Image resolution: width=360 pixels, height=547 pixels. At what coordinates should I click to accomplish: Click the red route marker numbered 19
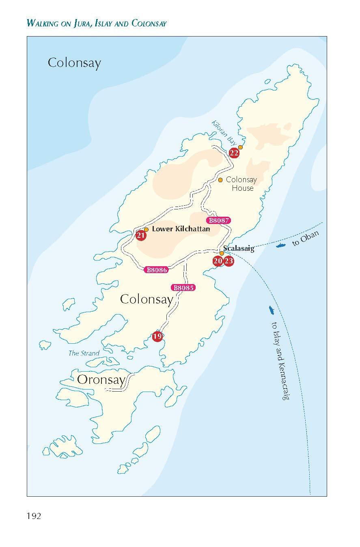[x=157, y=336]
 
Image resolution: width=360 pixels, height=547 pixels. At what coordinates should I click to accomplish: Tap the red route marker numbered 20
[x=218, y=261]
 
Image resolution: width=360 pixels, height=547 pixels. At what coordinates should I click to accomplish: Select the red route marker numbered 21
[x=141, y=235]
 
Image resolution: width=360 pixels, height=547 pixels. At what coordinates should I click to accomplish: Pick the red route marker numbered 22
[x=234, y=153]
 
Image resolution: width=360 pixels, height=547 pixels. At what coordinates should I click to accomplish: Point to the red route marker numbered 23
[x=229, y=261]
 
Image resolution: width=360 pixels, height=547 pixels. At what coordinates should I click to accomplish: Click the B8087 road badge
[x=218, y=221]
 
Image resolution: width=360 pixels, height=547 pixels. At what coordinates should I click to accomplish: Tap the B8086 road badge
[x=156, y=269]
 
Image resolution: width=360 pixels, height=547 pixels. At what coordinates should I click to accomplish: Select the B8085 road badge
[x=184, y=288]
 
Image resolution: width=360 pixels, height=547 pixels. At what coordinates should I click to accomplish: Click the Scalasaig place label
[x=239, y=248]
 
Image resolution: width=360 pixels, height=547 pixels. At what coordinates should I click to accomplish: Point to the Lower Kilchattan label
[x=181, y=229]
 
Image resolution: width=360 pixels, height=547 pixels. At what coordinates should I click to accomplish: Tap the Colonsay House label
[x=241, y=184]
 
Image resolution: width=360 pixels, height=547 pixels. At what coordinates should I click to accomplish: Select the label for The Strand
[x=84, y=353]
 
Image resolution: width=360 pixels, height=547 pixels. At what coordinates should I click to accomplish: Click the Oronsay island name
[x=101, y=380]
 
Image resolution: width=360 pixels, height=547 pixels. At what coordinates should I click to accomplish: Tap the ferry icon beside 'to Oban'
[x=281, y=246]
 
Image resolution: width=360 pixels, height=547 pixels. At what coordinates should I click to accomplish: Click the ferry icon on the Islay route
[x=271, y=310]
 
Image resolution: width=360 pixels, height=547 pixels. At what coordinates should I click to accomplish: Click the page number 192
[x=34, y=516]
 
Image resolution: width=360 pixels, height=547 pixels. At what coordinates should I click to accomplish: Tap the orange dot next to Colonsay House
[x=220, y=180]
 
